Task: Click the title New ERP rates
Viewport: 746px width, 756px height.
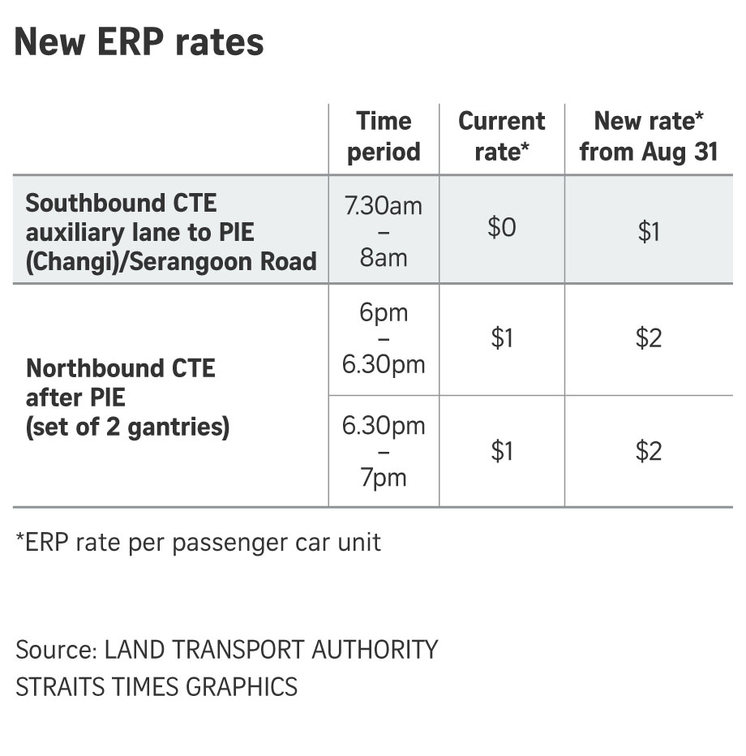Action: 139,41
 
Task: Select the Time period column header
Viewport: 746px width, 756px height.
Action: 384,136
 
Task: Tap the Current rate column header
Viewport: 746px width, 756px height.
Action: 501,136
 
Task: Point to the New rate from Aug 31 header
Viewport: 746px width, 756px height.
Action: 649,136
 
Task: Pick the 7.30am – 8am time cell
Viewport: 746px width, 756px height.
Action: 384,232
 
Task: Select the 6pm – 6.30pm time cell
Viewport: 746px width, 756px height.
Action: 384,338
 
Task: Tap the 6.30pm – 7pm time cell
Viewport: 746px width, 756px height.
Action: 384,451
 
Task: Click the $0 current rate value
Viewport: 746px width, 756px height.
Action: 501,228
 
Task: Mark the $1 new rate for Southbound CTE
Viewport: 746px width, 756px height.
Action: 649,233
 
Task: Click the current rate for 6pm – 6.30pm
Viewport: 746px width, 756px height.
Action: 502,338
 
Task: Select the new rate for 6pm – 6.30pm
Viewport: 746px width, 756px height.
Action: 649,338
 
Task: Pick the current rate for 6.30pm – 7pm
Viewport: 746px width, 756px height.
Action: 502,451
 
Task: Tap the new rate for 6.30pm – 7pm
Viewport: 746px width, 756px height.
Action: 649,451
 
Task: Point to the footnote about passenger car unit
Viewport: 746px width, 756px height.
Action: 198,542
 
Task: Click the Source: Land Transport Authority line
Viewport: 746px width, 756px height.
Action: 226,650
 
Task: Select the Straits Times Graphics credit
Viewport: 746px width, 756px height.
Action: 156,686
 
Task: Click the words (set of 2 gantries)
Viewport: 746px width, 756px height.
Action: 127,427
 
